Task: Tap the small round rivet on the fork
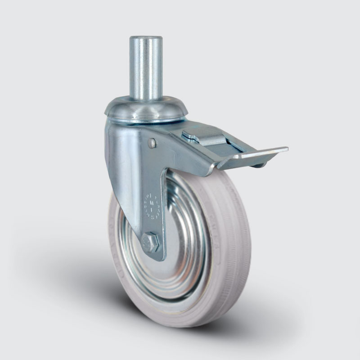coord(152,143)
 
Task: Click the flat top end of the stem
coord(146,39)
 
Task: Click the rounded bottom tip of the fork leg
coord(157,257)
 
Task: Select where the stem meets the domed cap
coord(146,99)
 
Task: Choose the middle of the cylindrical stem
coord(146,67)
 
